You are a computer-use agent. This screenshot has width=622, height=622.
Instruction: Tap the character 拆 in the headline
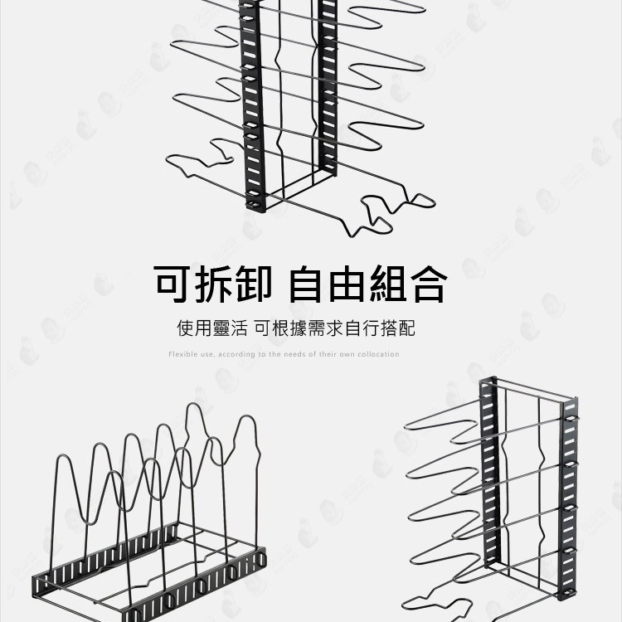[216, 283]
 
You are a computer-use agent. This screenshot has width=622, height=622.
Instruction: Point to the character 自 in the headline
[308, 283]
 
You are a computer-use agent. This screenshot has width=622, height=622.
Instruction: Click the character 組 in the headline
[388, 283]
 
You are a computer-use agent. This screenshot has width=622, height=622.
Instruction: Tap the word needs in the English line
[295, 354]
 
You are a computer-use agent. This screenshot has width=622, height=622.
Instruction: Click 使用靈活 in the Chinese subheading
[212, 328]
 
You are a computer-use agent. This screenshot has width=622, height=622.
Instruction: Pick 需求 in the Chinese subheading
[344, 328]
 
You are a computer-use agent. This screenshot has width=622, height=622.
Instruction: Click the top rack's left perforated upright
[254, 108]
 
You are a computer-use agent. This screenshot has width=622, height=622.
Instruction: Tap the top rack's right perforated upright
[329, 91]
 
